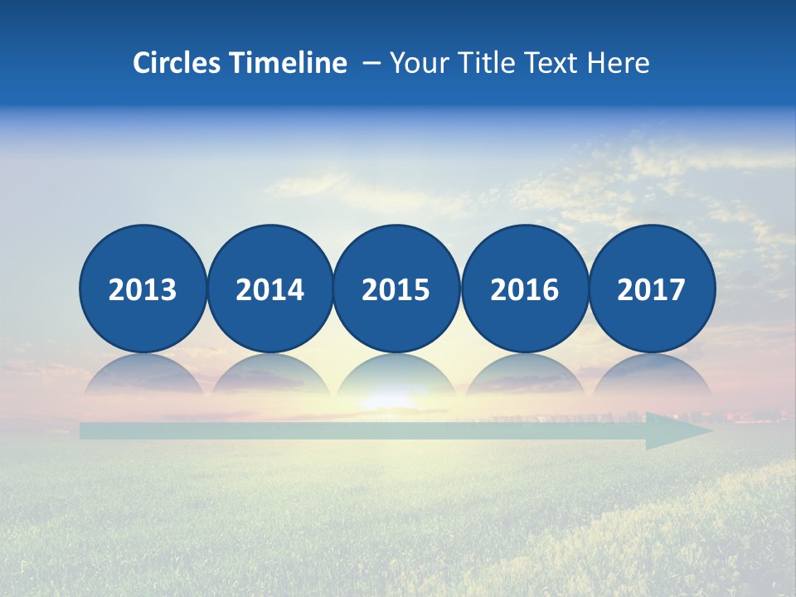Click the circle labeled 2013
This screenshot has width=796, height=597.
143,289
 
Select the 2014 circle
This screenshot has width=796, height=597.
269,289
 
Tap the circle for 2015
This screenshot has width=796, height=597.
396,289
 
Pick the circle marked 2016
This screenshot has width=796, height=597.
524,289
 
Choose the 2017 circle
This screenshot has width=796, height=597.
652,289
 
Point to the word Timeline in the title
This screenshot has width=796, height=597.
289,63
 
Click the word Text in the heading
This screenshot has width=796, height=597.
551,63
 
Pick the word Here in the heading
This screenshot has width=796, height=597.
618,63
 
